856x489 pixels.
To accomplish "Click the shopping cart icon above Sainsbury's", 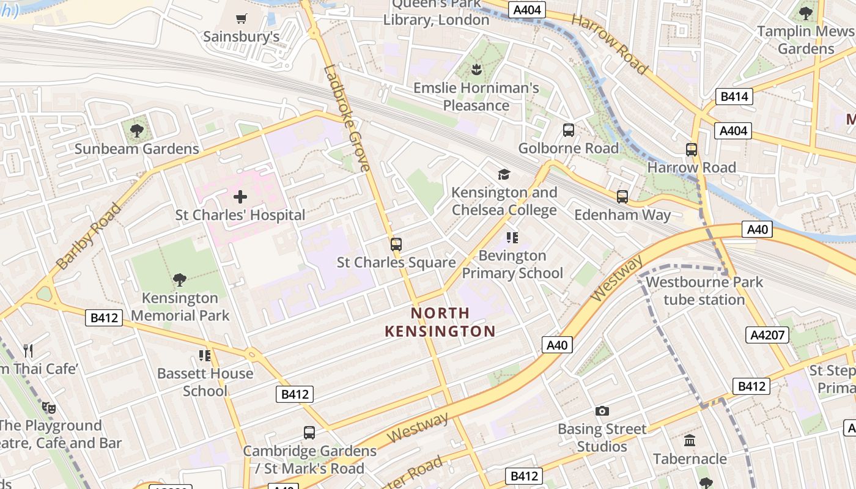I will click(x=242, y=19).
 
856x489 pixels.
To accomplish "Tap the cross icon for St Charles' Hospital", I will click(x=240, y=197).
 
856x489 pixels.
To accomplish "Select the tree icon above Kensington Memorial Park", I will click(x=180, y=280).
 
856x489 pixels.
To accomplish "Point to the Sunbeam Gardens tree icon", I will click(x=137, y=130).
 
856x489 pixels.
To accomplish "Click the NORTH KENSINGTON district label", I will click(x=440, y=322).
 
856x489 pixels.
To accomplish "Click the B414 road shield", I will click(x=734, y=97).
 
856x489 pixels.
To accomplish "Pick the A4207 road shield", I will click(x=767, y=335).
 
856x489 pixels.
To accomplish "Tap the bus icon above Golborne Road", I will click(x=569, y=130).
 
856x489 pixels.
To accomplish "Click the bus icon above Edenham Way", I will click(x=622, y=196).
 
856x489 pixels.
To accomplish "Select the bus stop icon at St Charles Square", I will click(x=396, y=244).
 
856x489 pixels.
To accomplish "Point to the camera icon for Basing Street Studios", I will click(x=602, y=411).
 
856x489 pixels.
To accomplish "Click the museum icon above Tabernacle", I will click(x=690, y=440).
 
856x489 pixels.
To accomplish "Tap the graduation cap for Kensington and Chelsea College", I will click(x=504, y=175).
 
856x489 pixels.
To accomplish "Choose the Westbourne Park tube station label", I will click(x=704, y=291).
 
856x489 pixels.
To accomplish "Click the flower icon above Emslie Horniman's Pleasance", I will click(x=476, y=70).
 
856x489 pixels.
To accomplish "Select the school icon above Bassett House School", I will click(x=205, y=355).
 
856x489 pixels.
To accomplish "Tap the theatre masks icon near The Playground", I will click(x=48, y=407).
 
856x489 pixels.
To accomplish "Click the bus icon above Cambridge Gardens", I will click(x=309, y=433).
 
